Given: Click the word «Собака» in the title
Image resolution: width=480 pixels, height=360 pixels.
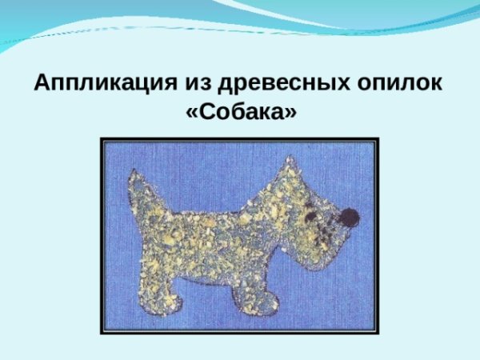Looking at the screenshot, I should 241,112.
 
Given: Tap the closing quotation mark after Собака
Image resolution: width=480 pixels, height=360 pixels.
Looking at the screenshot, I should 290,113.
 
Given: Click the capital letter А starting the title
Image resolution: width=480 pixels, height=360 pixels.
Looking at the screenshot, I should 42,83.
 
